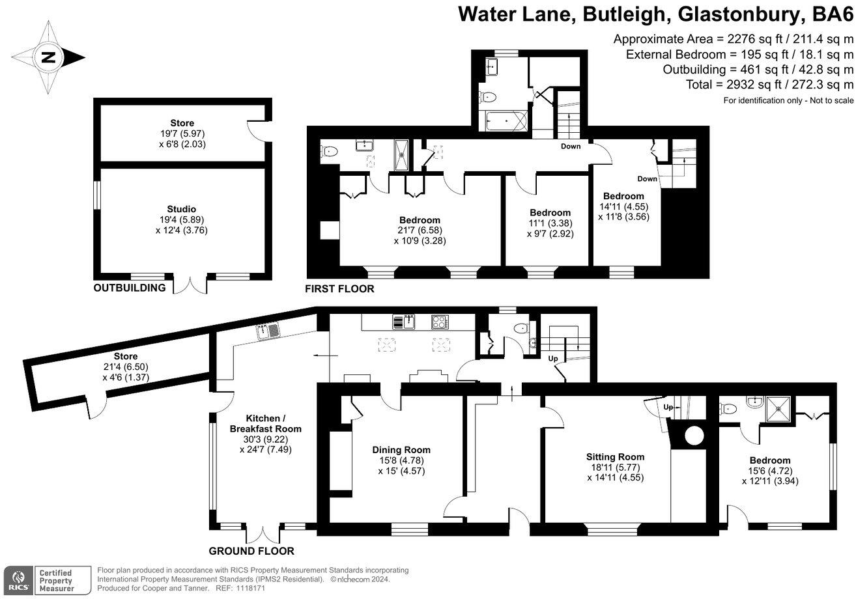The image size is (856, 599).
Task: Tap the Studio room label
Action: (x=182, y=209)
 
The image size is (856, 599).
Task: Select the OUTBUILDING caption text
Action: (x=129, y=288)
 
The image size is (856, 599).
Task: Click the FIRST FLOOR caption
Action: (x=340, y=288)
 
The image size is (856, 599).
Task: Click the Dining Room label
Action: (x=401, y=449)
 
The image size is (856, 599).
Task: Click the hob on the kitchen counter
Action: (x=440, y=322)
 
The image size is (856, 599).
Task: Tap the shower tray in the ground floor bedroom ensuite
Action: (x=779, y=409)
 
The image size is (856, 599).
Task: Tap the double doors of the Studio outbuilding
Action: (x=190, y=285)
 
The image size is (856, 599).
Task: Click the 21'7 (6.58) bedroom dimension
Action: (x=420, y=230)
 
